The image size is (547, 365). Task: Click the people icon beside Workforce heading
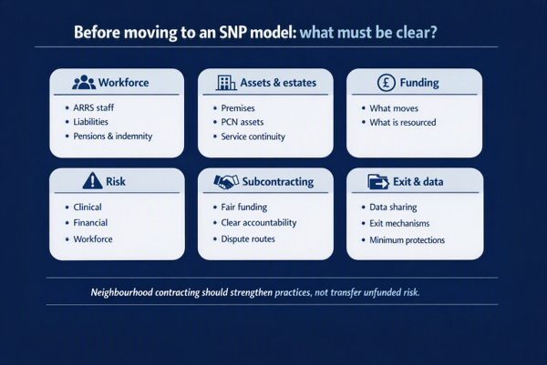click(x=84, y=82)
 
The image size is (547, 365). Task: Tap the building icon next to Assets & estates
click(x=226, y=83)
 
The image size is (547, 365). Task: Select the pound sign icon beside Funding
click(x=387, y=83)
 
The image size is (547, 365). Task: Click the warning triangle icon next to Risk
click(x=92, y=180)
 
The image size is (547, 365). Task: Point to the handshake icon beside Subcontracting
click(x=226, y=181)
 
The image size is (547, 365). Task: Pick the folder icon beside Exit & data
click(x=378, y=182)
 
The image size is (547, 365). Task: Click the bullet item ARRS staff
click(x=94, y=107)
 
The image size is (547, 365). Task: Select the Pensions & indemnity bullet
click(x=113, y=136)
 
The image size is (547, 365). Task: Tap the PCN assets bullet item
click(x=243, y=122)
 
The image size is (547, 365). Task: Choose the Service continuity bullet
click(x=253, y=137)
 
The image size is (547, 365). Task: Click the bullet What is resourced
click(x=403, y=122)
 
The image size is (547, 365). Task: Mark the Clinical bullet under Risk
click(x=88, y=207)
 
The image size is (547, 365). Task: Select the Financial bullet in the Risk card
click(x=90, y=223)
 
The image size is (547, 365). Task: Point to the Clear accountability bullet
click(x=259, y=223)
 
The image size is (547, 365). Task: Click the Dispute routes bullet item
click(x=248, y=238)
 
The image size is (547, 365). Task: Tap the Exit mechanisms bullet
click(x=399, y=223)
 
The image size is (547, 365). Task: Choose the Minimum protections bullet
click(x=408, y=240)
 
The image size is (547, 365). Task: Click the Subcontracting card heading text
click(x=278, y=182)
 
